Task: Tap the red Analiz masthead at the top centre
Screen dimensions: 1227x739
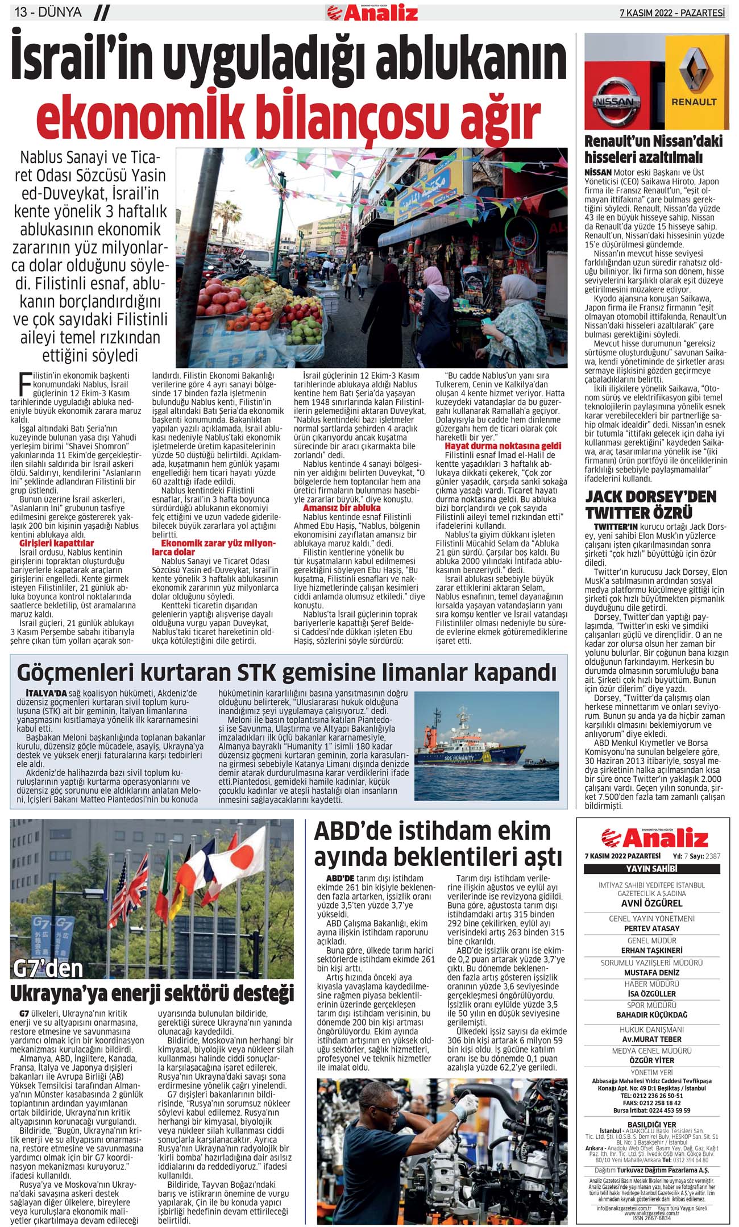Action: [x=372, y=13]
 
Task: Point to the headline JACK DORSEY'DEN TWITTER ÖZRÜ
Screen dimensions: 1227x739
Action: [x=651, y=504]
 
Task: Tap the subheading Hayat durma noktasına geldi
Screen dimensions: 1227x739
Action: [x=503, y=446]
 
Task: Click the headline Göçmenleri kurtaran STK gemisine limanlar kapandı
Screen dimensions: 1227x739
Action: [x=287, y=672]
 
